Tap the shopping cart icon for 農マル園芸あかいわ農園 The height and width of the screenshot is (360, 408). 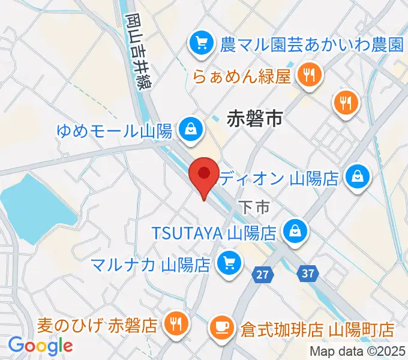[x=199, y=43]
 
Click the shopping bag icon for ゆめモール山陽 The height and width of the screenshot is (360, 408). [x=190, y=128]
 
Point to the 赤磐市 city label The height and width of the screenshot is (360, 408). [x=254, y=119]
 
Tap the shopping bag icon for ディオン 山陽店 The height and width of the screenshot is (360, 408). [x=358, y=176]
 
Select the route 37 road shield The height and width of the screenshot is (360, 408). [x=308, y=274]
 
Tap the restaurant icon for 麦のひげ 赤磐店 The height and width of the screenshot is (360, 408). [x=176, y=325]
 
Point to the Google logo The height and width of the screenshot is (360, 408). [x=40, y=346]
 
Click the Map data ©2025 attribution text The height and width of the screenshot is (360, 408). [x=357, y=352]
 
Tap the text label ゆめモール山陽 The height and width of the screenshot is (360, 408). [x=114, y=129]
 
